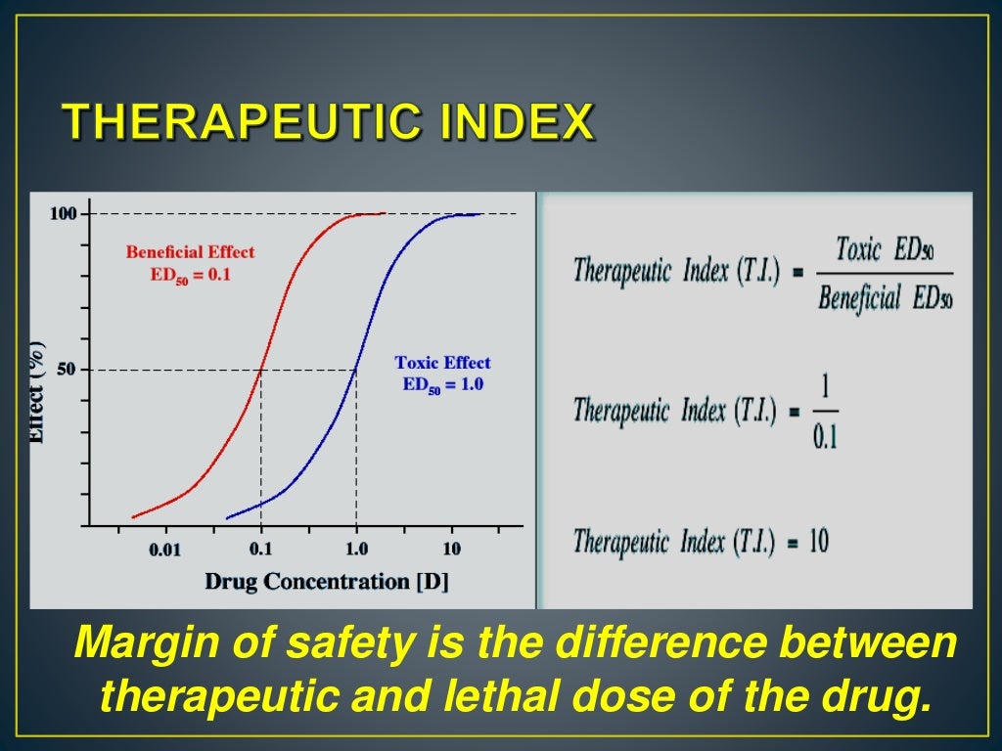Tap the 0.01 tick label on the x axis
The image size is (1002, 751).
[x=164, y=550]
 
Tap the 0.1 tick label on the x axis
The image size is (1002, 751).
[x=260, y=550]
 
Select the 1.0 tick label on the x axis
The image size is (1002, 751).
[x=356, y=550]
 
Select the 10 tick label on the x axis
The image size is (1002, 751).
[x=451, y=550]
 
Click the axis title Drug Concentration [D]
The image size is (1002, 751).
[x=326, y=582]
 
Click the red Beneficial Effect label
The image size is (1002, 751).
[x=190, y=252]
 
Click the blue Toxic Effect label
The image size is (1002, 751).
[x=442, y=363]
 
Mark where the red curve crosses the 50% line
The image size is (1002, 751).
[x=260, y=370]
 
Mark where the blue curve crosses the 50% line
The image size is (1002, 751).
[x=356, y=370]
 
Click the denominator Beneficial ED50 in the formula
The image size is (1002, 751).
[x=884, y=297]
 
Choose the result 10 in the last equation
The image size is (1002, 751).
[x=818, y=541]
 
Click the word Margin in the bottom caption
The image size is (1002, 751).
[x=143, y=643]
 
